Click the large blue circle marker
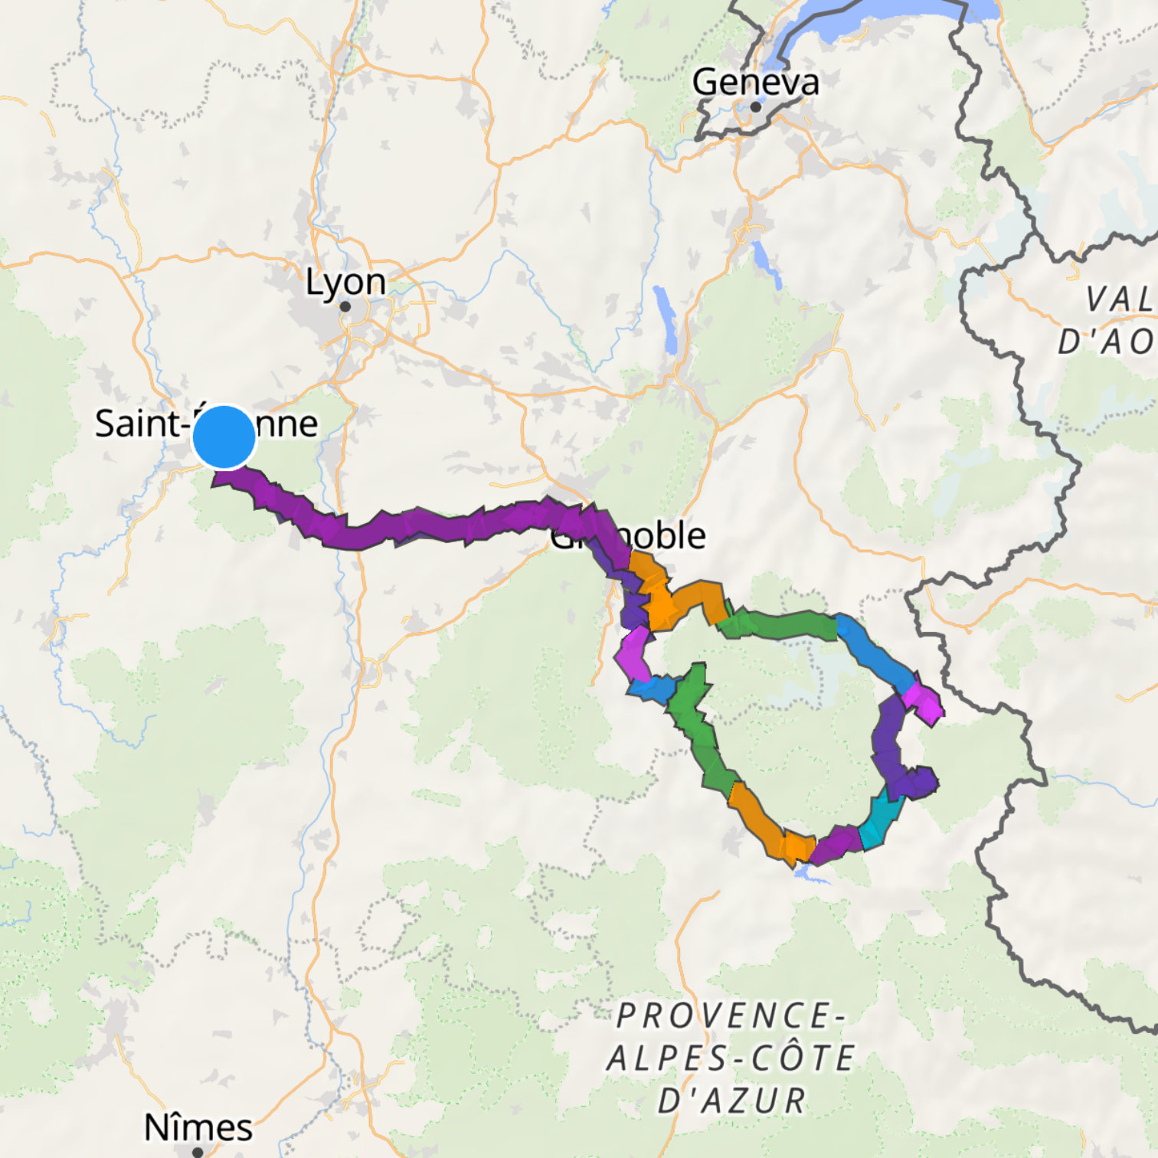224,437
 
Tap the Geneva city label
755,82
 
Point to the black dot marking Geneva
756,107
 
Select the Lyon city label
345,282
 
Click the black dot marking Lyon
345,306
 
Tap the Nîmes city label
198,1127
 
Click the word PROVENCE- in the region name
731,1016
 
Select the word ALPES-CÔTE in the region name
731,1058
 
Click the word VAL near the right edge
1120,299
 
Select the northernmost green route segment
781,624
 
